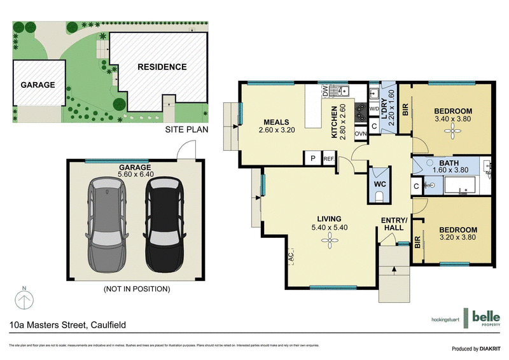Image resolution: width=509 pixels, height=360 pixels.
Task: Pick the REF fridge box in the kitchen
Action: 329,158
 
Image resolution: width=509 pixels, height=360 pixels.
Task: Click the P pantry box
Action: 313,158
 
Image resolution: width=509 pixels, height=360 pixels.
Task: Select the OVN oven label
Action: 360,134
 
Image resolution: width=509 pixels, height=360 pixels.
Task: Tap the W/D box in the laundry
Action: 374,109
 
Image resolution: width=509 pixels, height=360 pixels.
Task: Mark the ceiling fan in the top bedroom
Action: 452,130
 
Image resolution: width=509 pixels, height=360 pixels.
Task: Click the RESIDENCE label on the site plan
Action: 162,67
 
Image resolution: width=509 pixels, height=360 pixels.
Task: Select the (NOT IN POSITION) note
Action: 136,289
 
